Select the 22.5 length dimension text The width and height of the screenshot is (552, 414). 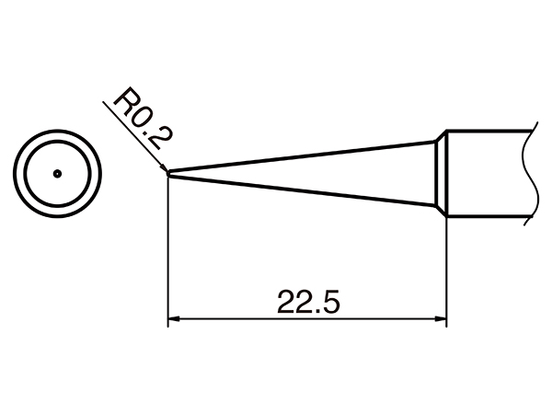coord(303,301)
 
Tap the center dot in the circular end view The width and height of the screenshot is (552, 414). coord(57,172)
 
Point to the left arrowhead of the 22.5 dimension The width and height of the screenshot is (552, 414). coord(172,321)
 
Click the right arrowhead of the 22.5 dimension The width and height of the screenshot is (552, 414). coord(441,321)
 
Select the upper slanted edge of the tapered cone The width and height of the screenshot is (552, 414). coord(304,155)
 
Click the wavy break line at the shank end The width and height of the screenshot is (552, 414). coord(527,173)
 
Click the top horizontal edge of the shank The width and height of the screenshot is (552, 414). coord(488,129)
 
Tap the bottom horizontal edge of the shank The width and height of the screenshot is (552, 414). coord(488,218)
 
